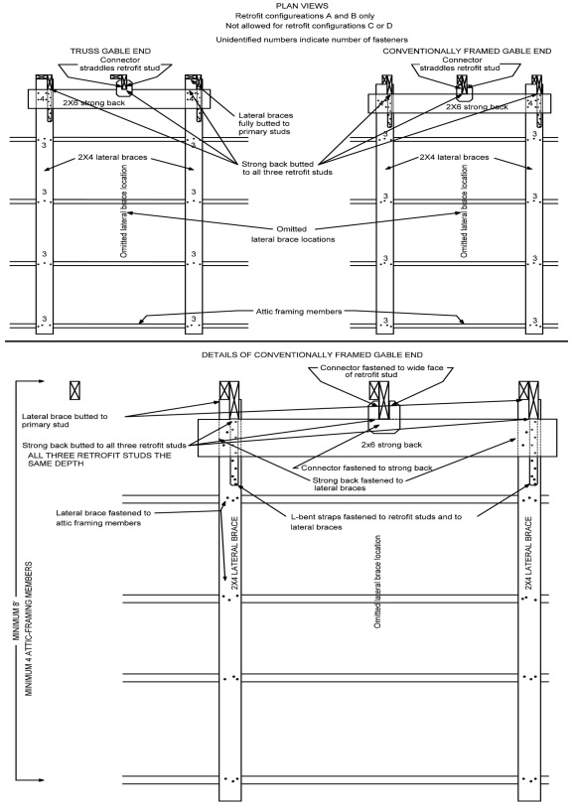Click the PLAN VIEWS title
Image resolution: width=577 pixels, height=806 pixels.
tap(288, 7)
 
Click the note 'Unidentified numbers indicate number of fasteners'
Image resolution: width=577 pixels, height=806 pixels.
tap(288, 38)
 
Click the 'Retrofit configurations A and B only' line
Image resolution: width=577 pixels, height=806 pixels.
tap(288, 17)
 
